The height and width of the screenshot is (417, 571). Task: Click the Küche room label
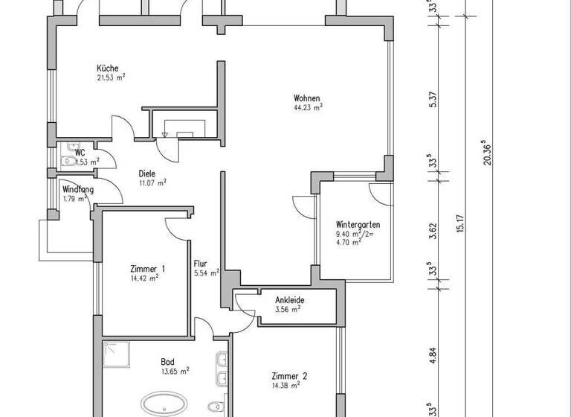coord(107,67)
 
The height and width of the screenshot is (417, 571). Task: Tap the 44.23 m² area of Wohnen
coord(308,107)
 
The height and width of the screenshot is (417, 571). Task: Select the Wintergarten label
coord(358,223)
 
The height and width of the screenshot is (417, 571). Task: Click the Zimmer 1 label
coord(147,269)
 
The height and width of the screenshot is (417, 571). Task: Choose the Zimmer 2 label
coord(289,376)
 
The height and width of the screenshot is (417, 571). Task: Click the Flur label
coord(201,263)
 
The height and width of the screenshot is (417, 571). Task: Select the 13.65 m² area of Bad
coord(175,370)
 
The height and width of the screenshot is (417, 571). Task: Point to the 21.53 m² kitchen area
coord(110,77)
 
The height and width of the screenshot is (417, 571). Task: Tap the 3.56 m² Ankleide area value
coord(286,309)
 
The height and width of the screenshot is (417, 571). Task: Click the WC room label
coord(80,152)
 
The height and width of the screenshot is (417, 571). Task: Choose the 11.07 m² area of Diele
coord(152,182)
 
